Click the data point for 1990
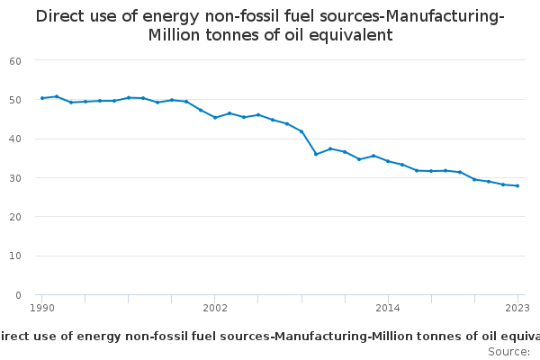42,98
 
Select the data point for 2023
517,185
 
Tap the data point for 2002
215,118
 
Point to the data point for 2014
388,161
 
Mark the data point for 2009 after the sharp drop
316,154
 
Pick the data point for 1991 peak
57,96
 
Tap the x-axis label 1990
42,308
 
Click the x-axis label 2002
215,308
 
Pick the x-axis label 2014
388,308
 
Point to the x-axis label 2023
517,308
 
